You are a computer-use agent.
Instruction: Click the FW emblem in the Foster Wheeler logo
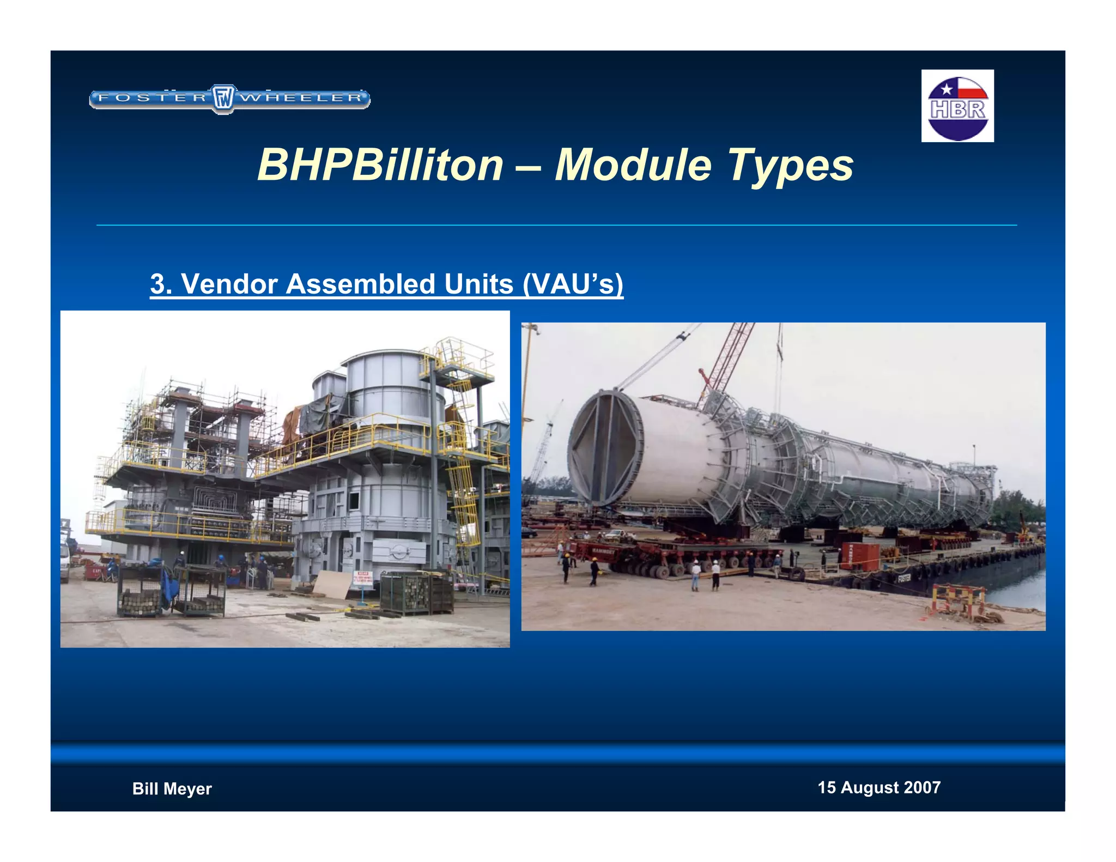click(x=222, y=99)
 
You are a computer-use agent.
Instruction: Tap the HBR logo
click(x=957, y=106)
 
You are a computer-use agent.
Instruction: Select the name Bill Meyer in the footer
click(x=172, y=788)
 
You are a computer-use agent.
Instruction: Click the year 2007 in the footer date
click(x=921, y=787)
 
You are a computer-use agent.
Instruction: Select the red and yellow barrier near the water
click(x=957, y=599)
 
